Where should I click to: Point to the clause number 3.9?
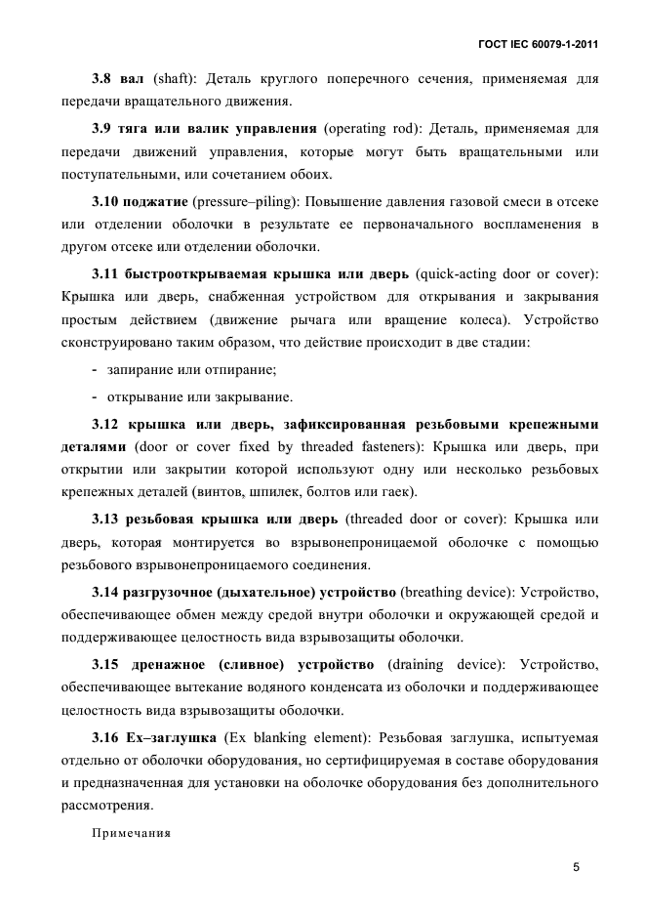pos(102,128)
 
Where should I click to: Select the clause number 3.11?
pos(105,272)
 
